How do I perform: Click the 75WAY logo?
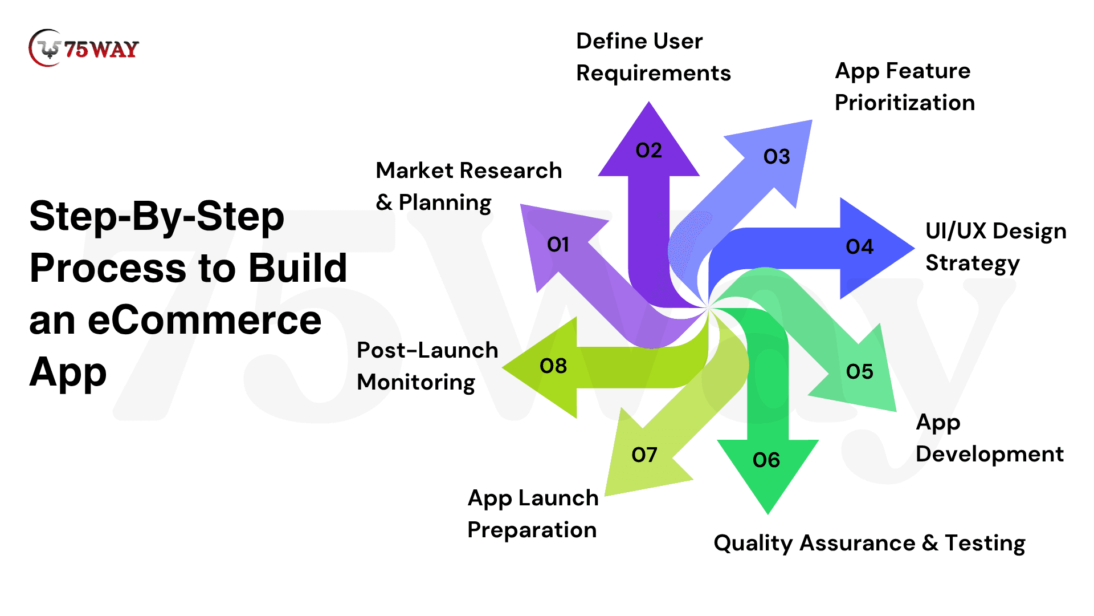[x=84, y=48]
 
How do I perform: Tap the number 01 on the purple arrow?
[x=558, y=245]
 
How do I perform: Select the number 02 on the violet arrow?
[x=648, y=151]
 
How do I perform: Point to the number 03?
[x=777, y=157]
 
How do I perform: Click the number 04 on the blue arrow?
[x=859, y=247]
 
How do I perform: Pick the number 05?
[x=859, y=372]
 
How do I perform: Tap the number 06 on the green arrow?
[x=766, y=460]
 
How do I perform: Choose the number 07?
[x=644, y=455]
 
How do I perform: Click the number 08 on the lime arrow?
[x=553, y=366]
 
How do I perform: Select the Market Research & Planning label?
[x=468, y=187]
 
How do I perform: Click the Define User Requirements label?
[x=653, y=57]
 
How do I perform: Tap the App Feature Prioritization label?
[x=904, y=87]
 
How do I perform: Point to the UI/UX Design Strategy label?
[x=995, y=247]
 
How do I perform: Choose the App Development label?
[x=989, y=438]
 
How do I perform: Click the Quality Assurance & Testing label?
[x=869, y=543]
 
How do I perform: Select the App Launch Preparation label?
[x=532, y=514]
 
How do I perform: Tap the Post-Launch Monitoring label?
[x=427, y=366]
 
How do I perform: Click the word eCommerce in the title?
[x=205, y=321]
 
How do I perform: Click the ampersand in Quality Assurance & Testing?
[x=930, y=543]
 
